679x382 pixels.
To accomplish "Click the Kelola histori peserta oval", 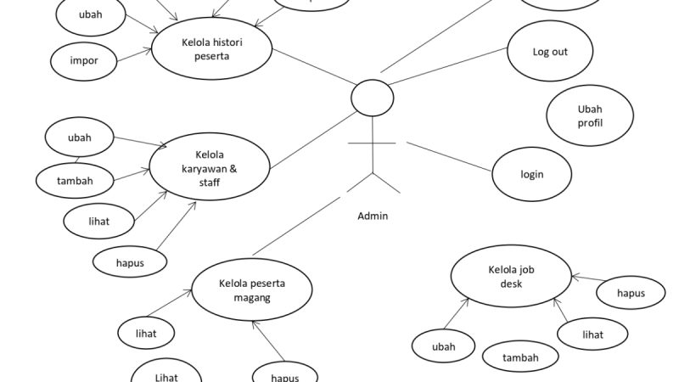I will [211, 48].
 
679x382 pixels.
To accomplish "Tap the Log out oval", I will [549, 52].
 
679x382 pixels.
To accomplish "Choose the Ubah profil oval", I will [589, 116].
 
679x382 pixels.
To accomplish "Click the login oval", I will [531, 174].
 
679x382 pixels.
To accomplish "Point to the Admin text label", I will [373, 216].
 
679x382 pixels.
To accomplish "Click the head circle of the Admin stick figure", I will [373, 98].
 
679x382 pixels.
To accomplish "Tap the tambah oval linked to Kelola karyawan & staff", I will [76, 180].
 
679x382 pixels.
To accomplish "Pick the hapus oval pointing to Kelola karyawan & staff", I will [130, 262].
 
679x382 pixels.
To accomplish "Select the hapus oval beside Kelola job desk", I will [631, 293].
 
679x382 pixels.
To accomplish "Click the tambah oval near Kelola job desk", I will [520, 357].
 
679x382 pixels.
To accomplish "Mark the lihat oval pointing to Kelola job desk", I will [592, 334].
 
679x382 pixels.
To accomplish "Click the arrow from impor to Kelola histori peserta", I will [134, 57].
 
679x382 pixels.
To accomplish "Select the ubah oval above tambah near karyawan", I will [79, 138].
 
